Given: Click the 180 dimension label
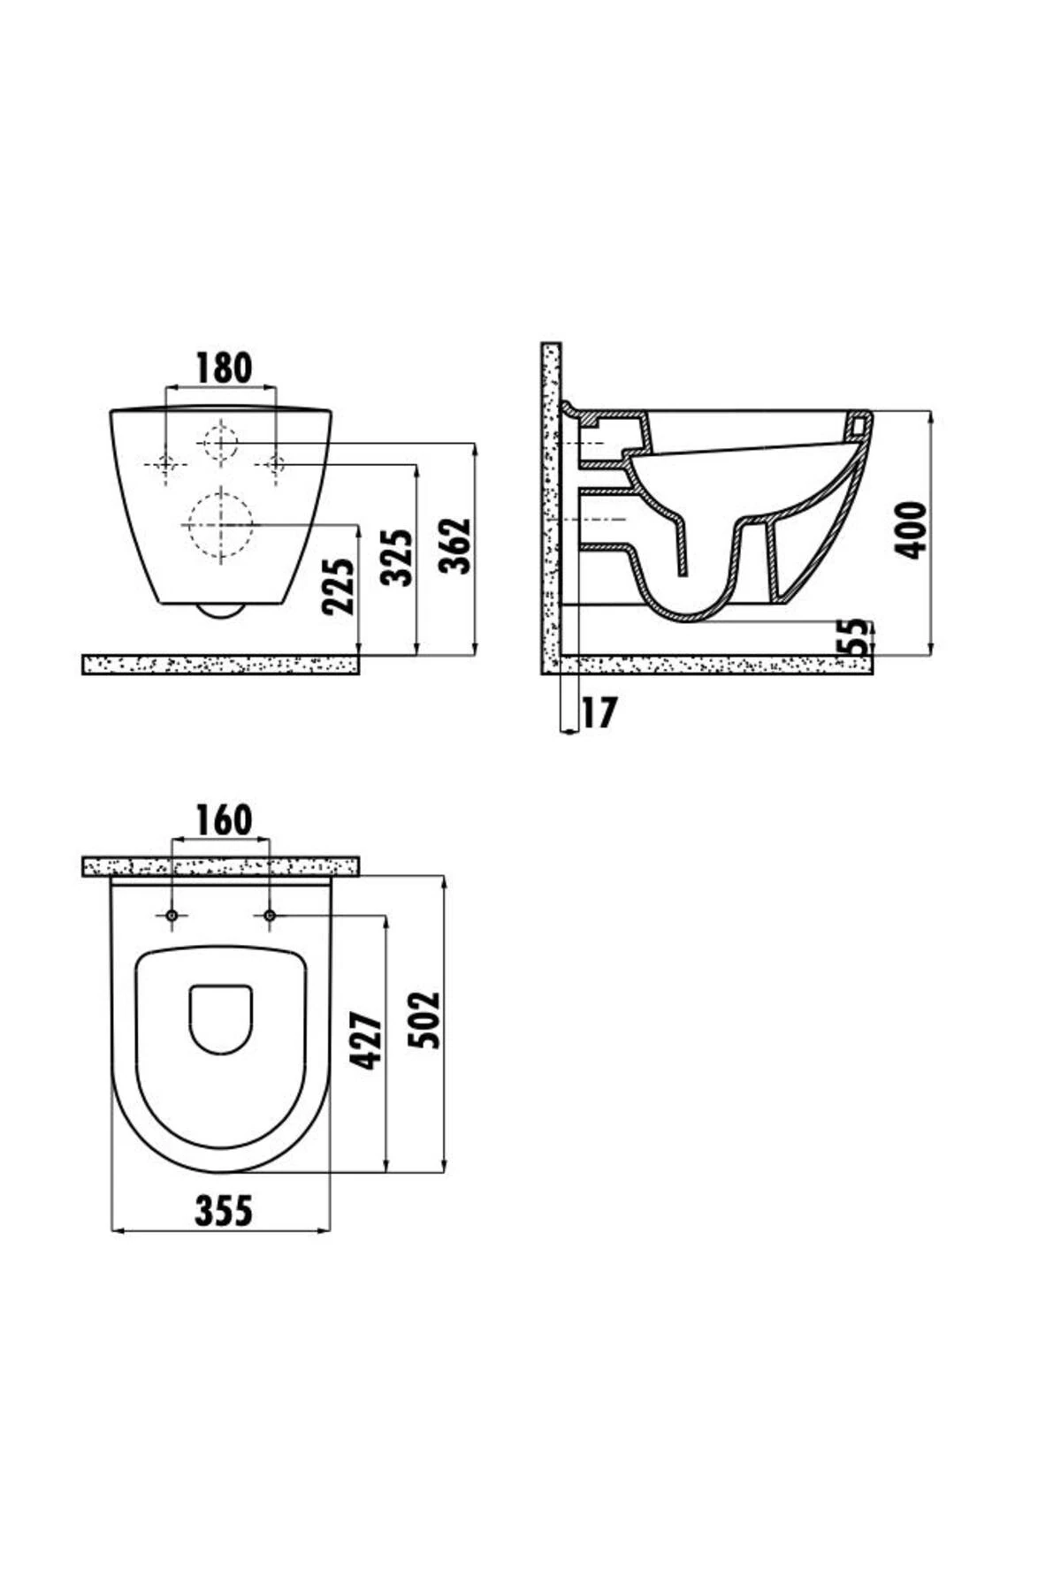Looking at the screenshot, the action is [224, 368].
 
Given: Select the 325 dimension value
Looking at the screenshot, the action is [396, 558].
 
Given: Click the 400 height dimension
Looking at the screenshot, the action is [911, 529].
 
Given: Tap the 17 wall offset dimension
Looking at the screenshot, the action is [599, 713].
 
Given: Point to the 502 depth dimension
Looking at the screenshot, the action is [426, 1019].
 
